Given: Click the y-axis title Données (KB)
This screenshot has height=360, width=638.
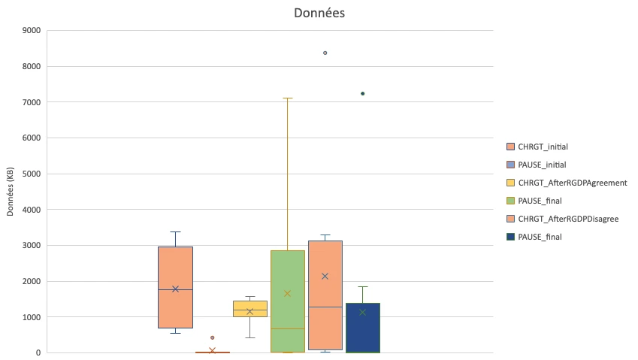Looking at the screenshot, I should [x=11, y=192].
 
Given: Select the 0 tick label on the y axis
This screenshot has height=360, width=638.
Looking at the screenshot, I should [x=37, y=352].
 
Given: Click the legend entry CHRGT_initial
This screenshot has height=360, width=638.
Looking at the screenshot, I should [x=547, y=146].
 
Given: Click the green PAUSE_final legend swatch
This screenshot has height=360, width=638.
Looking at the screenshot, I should [x=512, y=201].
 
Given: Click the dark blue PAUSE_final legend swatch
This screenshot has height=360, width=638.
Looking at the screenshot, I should [x=512, y=237].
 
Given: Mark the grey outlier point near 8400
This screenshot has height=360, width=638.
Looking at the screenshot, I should [x=325, y=53].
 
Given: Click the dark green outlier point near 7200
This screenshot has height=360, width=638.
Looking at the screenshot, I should [x=362, y=93].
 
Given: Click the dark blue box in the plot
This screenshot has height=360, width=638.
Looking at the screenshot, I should [x=362, y=331].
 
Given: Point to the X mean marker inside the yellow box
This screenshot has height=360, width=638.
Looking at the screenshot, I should [x=249, y=311].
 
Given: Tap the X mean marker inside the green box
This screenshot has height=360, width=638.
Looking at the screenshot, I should [x=287, y=293].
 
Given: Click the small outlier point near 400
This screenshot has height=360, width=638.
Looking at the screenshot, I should [x=212, y=337].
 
